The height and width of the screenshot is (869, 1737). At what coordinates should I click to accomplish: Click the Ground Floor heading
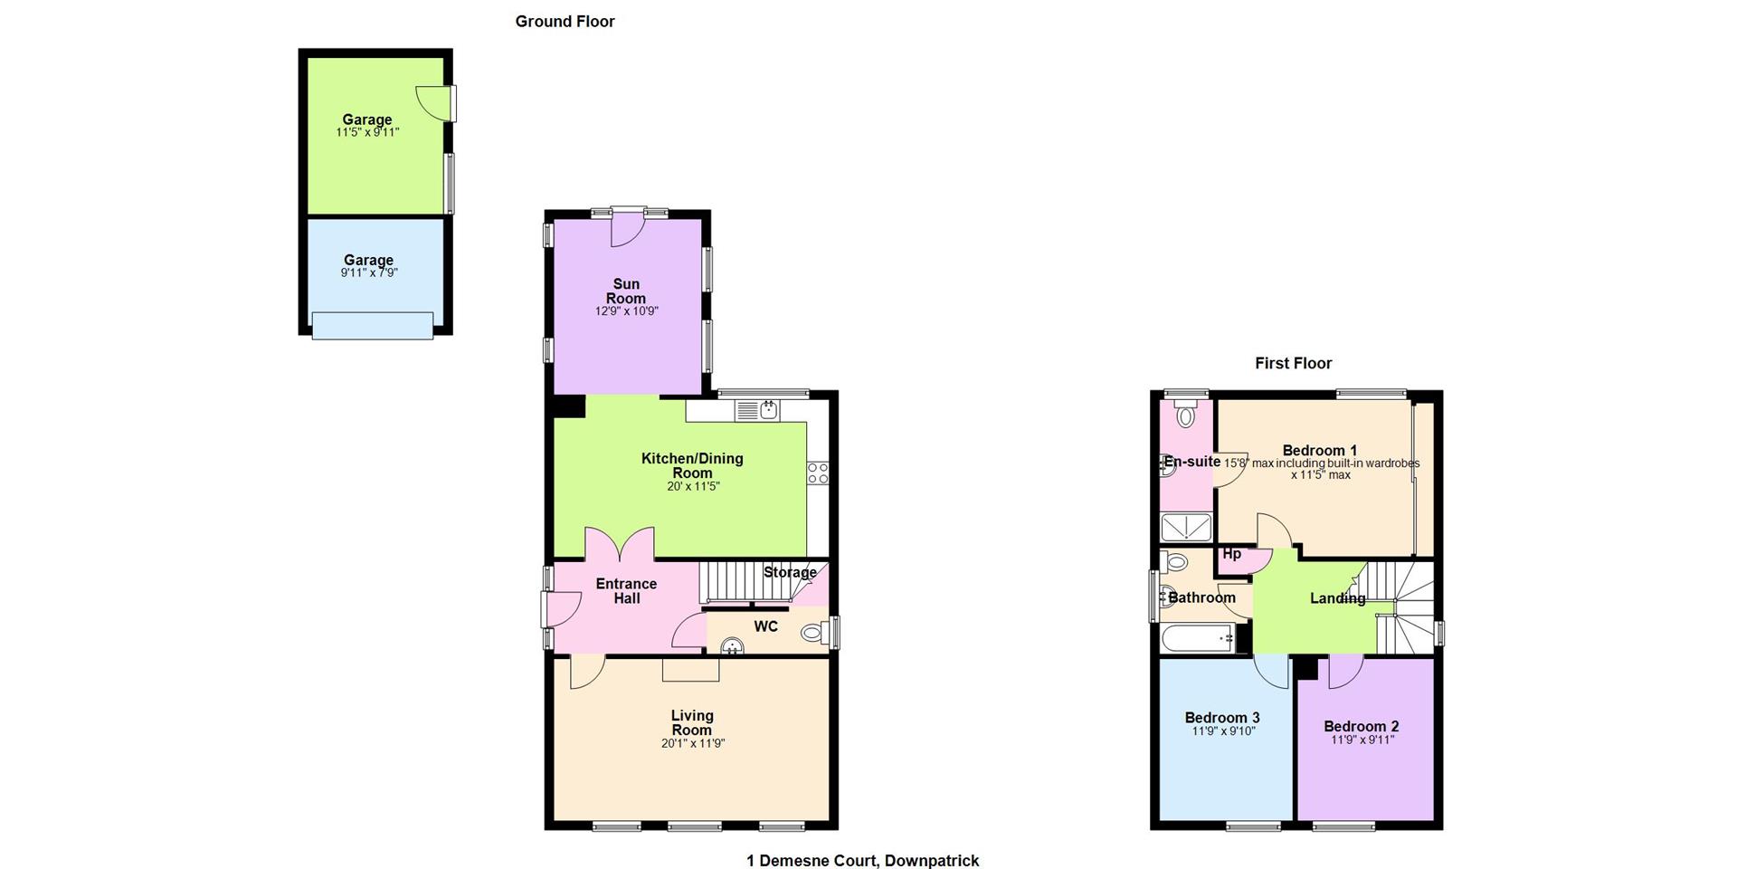click(x=565, y=22)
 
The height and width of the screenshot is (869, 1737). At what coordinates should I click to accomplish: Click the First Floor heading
click(x=1293, y=363)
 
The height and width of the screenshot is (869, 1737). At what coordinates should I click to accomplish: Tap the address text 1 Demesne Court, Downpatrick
click(x=862, y=860)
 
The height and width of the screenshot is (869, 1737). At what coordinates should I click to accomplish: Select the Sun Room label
click(x=626, y=291)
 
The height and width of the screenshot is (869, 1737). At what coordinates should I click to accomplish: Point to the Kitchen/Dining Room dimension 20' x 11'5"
click(x=693, y=486)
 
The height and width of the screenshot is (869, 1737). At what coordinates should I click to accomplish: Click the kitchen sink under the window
click(x=758, y=411)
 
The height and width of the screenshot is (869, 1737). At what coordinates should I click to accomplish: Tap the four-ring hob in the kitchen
click(x=818, y=473)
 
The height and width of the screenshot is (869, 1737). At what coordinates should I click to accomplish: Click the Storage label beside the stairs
click(x=790, y=572)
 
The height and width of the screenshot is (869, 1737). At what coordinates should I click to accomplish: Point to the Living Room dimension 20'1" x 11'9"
click(x=693, y=743)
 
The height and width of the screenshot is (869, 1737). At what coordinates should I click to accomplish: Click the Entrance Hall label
click(x=626, y=591)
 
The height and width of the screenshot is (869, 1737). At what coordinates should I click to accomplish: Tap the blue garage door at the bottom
click(x=373, y=325)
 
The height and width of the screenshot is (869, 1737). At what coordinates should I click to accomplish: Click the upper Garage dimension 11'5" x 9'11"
click(x=367, y=132)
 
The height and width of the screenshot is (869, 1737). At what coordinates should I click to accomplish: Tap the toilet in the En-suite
click(x=1185, y=415)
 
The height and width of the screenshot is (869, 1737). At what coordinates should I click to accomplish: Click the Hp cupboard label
click(x=1231, y=554)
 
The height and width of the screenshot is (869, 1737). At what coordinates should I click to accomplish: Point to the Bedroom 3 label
click(x=1222, y=718)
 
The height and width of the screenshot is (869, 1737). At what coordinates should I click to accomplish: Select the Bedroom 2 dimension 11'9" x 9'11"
click(x=1362, y=740)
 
